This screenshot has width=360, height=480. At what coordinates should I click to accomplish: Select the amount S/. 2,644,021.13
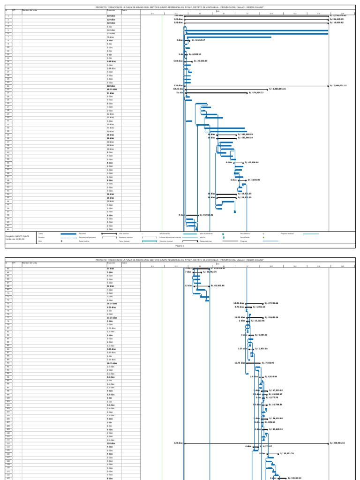[x=338, y=86]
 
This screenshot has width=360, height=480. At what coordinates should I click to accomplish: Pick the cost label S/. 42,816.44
[x=252, y=163]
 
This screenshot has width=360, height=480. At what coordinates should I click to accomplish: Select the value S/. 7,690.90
[x=252, y=180]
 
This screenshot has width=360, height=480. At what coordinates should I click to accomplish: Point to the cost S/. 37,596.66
[x=271, y=303]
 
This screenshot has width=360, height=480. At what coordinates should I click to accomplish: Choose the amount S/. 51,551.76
[x=287, y=453]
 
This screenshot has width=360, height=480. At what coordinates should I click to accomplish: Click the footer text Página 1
[x=180, y=245]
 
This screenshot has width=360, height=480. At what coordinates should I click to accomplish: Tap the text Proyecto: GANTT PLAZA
[x=15, y=237]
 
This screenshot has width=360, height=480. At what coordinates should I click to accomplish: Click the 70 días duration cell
[x=111, y=37]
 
